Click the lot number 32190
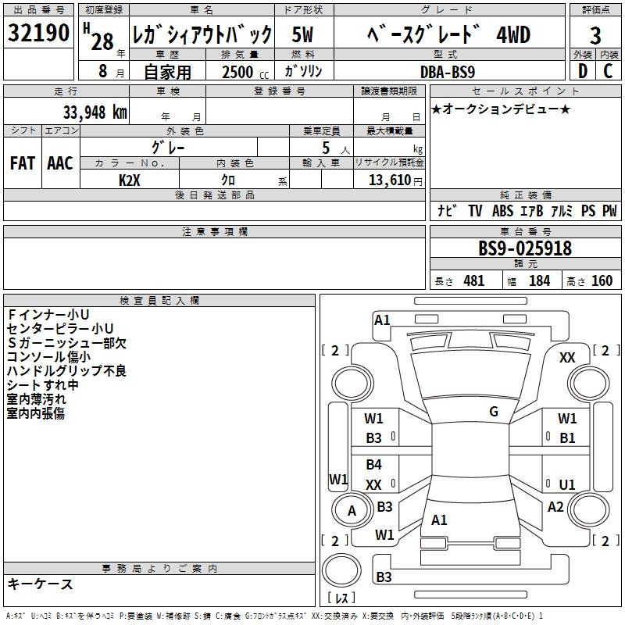pos(39,34)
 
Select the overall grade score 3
pos(596,35)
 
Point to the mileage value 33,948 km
pos(95,112)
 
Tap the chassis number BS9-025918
pos(525,248)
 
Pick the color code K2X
pos(130,179)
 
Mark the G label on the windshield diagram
pos(494,412)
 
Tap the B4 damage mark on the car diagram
pos(373,465)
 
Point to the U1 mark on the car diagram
pos(567,484)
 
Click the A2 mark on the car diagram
pos(555,507)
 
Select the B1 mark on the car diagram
pos(567,438)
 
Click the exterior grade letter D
pos(582,71)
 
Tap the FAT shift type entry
pos(23,163)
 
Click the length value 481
pos(473,280)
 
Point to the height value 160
pos(602,280)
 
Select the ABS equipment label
pos(504,211)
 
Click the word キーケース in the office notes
pos(40,584)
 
